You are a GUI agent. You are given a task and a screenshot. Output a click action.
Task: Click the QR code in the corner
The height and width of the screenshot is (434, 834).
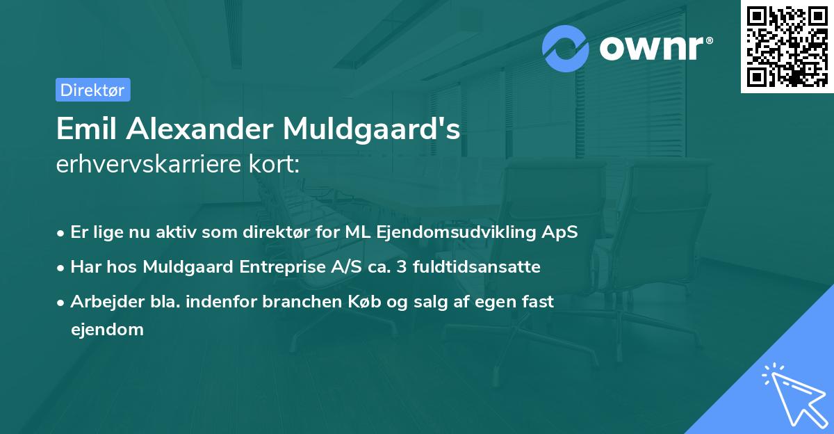787,47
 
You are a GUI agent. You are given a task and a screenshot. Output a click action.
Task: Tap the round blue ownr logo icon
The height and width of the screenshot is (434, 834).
566,48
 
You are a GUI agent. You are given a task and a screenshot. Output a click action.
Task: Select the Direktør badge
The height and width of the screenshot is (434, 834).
92,90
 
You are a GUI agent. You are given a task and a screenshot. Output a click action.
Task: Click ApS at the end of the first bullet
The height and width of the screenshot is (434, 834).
562,232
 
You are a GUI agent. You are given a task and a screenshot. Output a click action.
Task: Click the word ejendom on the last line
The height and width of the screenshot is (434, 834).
107,330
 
